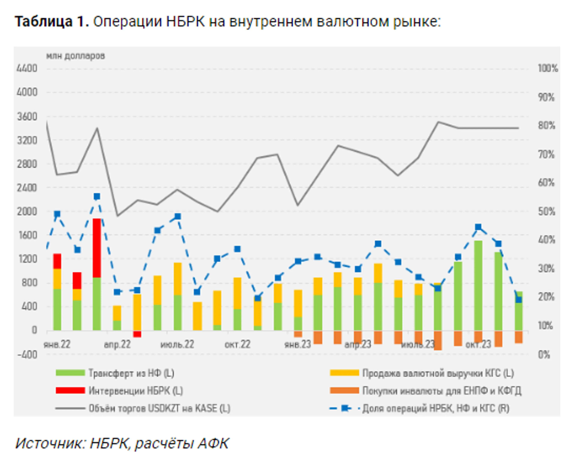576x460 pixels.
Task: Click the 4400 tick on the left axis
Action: coord(27,69)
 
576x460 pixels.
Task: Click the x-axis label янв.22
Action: coord(57,344)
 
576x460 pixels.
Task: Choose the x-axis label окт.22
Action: coord(237,344)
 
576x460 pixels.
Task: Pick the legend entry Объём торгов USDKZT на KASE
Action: coord(159,408)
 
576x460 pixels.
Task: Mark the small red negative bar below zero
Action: coord(137,334)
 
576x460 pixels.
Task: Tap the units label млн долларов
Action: coord(76,56)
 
